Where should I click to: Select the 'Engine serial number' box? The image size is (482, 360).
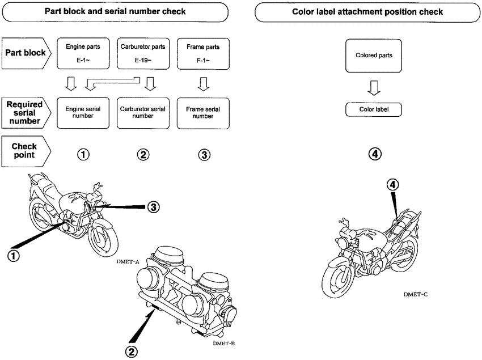pyautogui.click(x=83, y=112)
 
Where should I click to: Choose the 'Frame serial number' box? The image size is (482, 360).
pyautogui.click(x=202, y=112)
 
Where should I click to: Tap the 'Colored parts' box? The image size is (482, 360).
pyautogui.click(x=374, y=56)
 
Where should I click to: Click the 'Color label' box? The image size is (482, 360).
pyautogui.click(x=374, y=109)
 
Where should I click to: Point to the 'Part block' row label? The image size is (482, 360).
pyautogui.click(x=26, y=53)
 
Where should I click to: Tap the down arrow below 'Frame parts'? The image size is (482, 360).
pyautogui.click(x=202, y=84)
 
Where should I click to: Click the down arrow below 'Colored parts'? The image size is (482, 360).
pyautogui.click(x=374, y=87)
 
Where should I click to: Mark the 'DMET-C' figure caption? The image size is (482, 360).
pyautogui.click(x=416, y=295)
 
